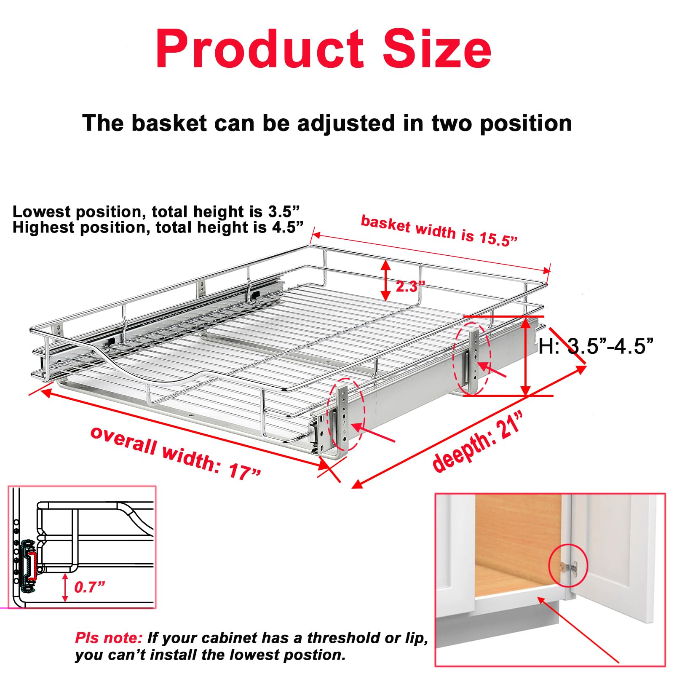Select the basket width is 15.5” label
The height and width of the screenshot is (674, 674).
[439, 231]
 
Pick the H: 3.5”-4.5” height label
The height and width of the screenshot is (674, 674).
[596, 346]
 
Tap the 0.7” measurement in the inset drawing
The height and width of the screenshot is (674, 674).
[89, 587]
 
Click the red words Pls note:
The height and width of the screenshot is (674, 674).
[109, 638]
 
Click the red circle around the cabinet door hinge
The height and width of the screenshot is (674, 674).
[568, 565]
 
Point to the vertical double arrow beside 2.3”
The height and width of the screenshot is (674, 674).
[385, 280]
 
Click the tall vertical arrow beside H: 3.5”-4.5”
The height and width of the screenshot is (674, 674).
[525, 356]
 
